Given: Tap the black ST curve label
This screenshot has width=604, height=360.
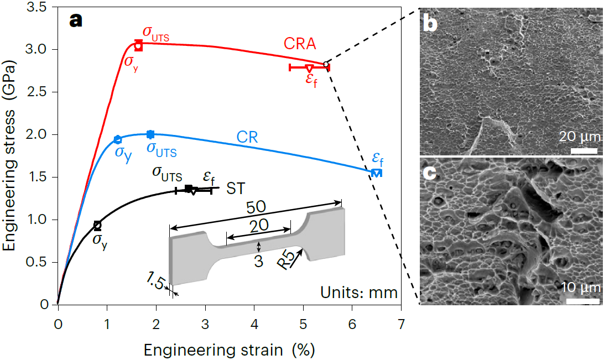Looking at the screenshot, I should point(236,189).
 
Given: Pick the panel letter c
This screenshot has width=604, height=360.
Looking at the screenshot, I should point(431,173).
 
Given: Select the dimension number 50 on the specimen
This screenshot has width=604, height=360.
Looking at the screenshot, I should point(257,207).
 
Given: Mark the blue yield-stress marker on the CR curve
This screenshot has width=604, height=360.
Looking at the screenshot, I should point(117,139).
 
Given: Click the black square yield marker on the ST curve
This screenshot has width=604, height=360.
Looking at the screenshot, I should point(97,225).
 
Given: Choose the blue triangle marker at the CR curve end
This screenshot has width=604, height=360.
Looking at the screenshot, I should point(376,173).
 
